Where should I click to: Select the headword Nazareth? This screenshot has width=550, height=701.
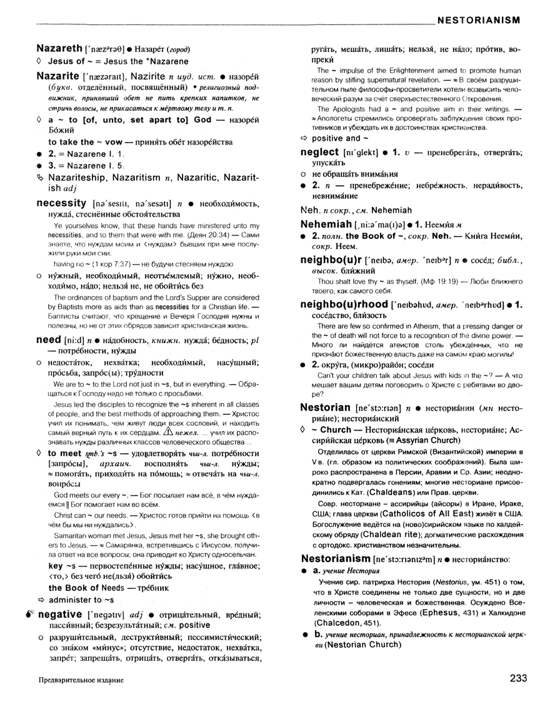(59, 48)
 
